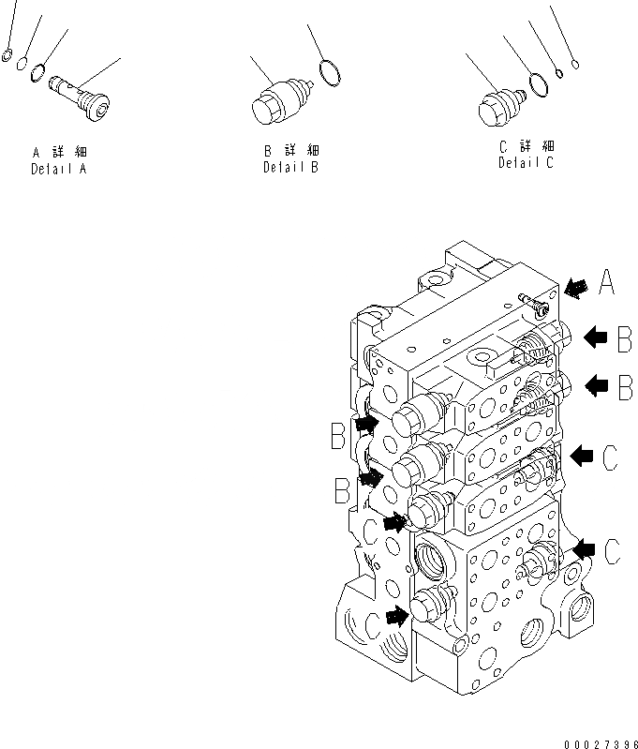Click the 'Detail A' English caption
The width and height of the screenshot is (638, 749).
(x=60, y=170)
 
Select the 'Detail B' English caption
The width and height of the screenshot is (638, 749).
(x=290, y=167)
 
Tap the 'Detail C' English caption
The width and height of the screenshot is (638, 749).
(x=525, y=163)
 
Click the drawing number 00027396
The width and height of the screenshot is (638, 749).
(x=597, y=740)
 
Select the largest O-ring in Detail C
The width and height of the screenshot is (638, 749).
(x=539, y=85)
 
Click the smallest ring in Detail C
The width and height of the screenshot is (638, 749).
(x=575, y=65)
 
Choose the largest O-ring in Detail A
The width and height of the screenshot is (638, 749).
(x=37, y=72)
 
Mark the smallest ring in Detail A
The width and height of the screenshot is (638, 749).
(x=7, y=53)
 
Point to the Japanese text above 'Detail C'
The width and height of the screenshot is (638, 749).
(x=526, y=146)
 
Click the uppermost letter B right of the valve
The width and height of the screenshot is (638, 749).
(x=622, y=339)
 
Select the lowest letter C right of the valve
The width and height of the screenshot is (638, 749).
(x=611, y=552)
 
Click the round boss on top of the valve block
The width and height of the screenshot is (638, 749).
(x=435, y=279)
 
